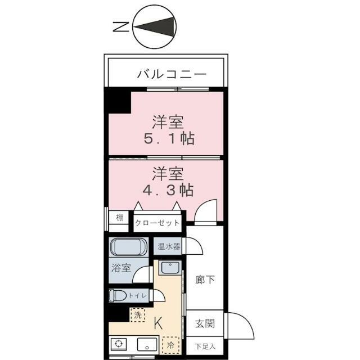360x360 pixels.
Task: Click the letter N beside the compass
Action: pos(119,26)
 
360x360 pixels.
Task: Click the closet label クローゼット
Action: pos(157,223)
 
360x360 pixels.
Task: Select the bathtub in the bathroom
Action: pos(129,247)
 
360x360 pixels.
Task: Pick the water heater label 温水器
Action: pos(169,246)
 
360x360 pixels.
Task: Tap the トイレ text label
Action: pos(140,295)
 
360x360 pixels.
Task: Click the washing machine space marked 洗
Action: pos(138,315)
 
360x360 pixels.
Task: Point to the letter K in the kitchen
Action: pos(158,323)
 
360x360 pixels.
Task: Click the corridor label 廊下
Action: pos(204,280)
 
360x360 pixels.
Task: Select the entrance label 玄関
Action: pos(204,324)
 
